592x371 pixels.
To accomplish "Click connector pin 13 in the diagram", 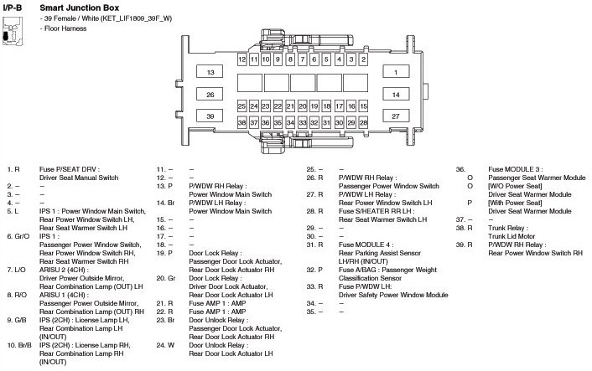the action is point(211,73).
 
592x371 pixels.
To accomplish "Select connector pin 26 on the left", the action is point(211,95).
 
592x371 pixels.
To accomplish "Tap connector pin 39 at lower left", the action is point(211,116).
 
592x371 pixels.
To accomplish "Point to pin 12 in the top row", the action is point(242,60).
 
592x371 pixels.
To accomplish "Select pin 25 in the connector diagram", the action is point(242,107).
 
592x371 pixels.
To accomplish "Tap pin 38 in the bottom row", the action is point(242,122).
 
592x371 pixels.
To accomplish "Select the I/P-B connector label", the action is point(12,6).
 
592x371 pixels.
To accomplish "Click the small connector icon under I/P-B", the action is point(11,33).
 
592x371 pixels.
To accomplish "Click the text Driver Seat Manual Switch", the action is point(80,178).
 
